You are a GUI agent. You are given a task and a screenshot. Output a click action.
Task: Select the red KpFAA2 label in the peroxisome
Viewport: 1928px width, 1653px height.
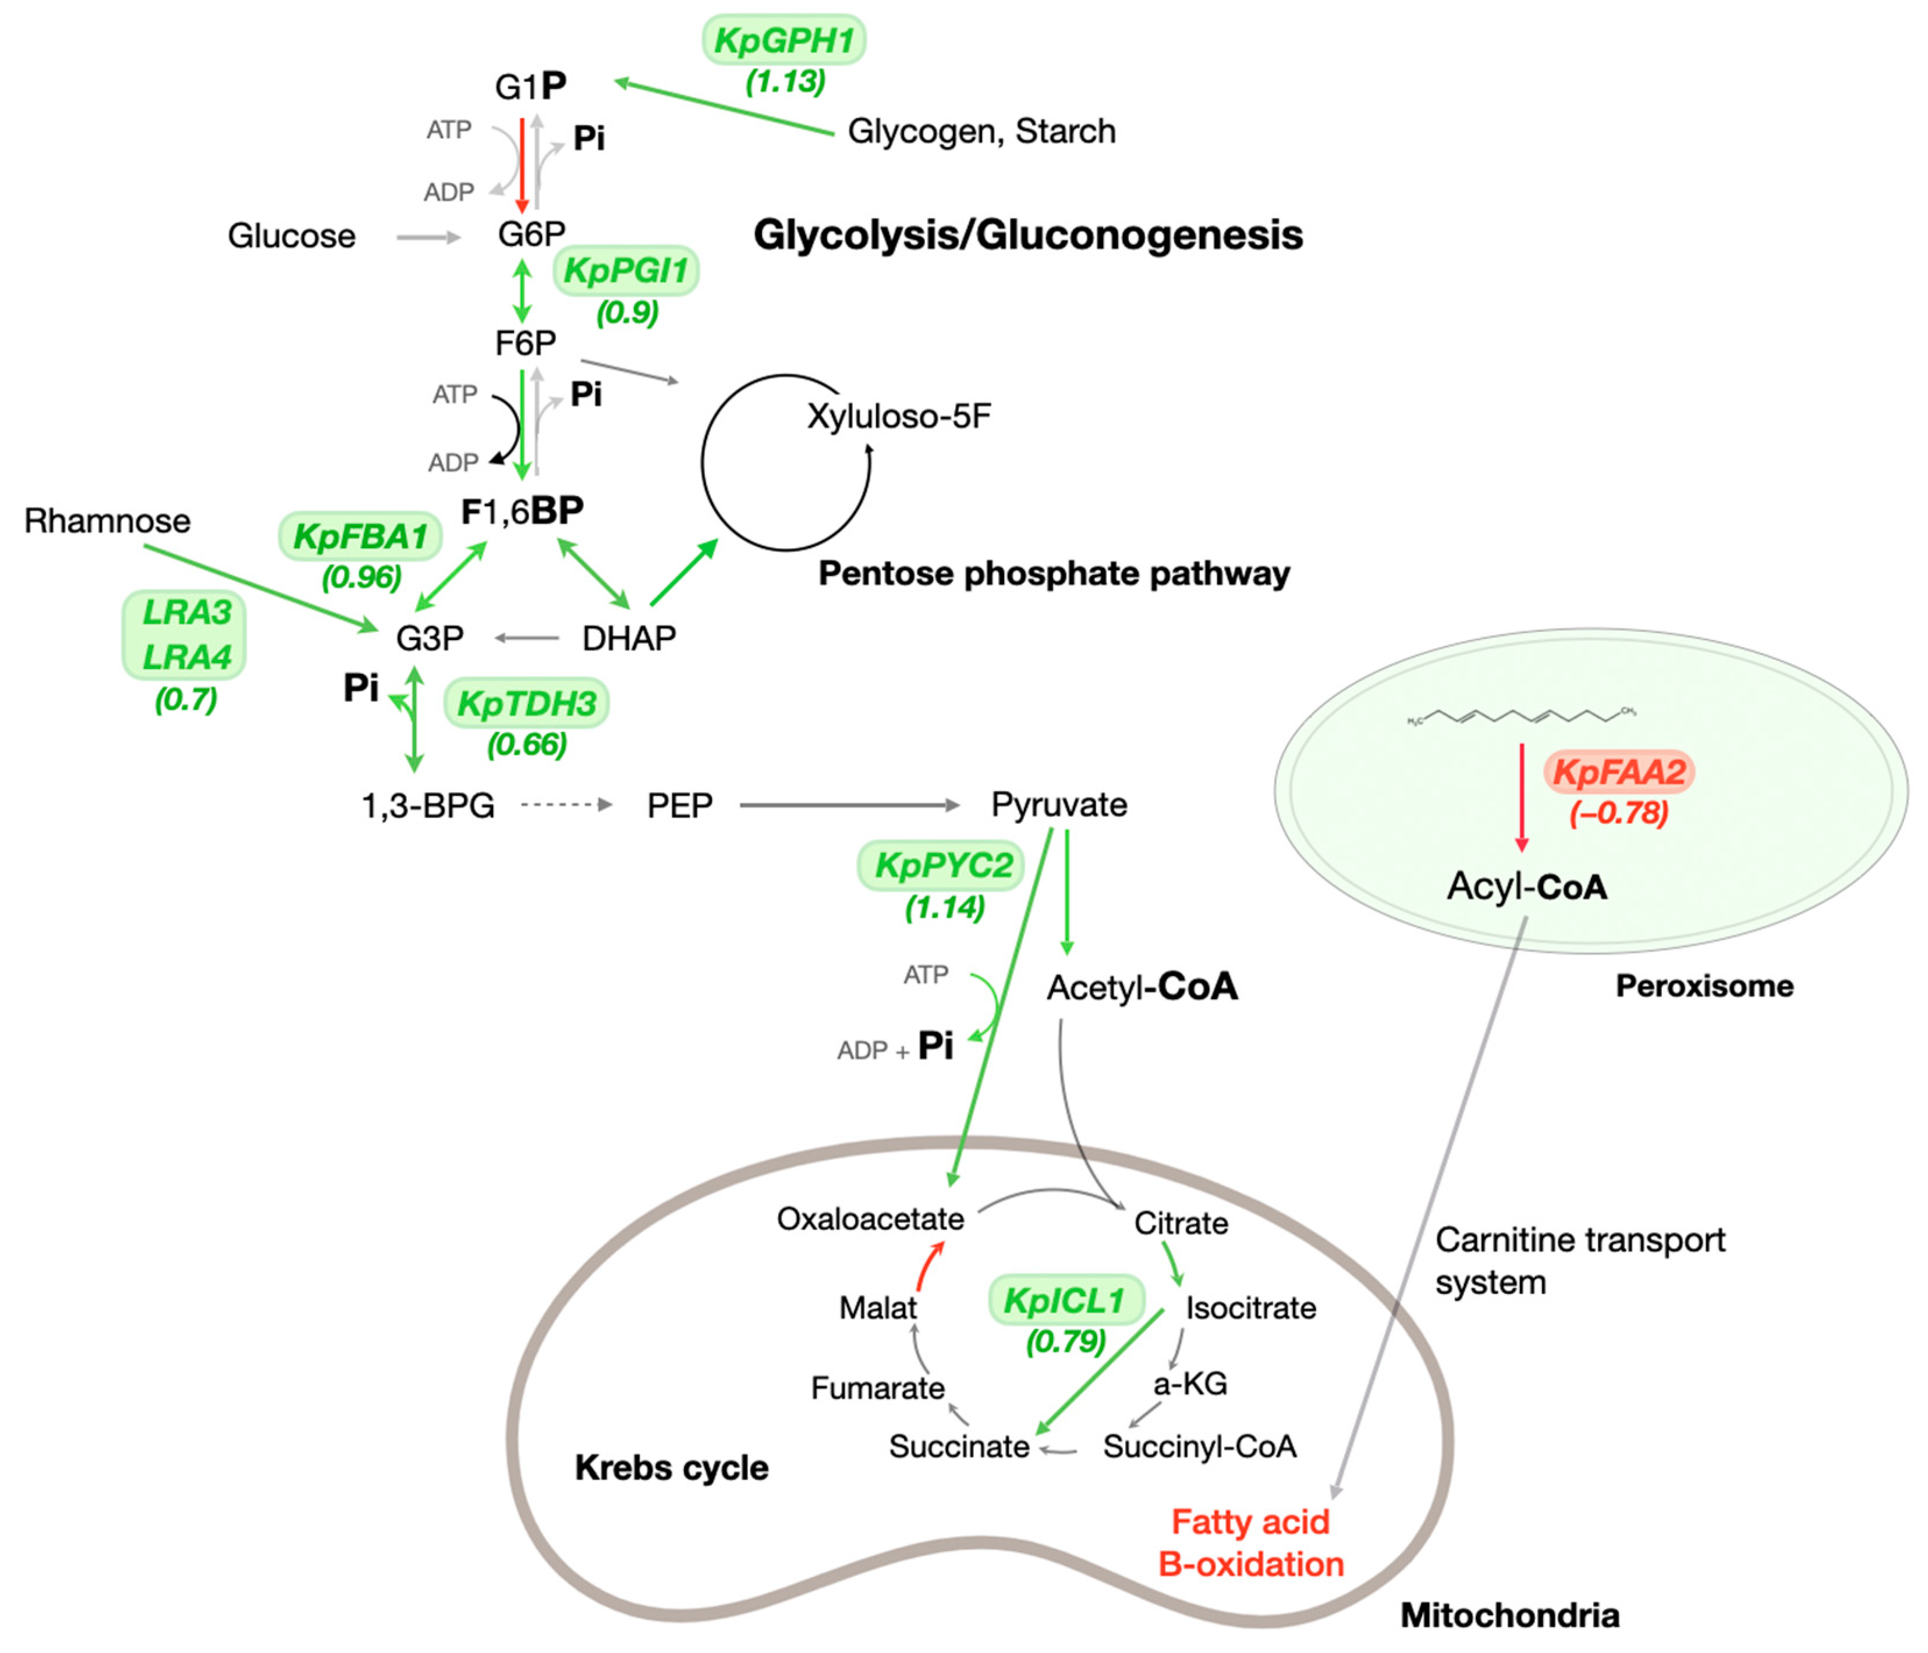click(1618, 771)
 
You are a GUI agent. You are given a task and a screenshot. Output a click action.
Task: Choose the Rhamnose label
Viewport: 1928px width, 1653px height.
click(107, 520)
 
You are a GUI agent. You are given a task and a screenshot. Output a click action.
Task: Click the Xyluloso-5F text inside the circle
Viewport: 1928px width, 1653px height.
click(898, 416)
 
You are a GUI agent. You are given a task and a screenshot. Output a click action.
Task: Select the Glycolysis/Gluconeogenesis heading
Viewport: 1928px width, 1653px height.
click(1027, 234)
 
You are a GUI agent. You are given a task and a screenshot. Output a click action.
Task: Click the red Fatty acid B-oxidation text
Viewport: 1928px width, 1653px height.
click(1250, 1542)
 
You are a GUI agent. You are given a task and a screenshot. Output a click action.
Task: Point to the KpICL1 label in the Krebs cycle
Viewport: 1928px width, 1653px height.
click(1065, 1299)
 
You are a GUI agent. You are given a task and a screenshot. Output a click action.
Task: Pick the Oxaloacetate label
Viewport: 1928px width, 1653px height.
click(870, 1218)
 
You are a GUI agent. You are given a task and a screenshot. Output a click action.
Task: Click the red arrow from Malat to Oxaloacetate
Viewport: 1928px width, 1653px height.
click(928, 1265)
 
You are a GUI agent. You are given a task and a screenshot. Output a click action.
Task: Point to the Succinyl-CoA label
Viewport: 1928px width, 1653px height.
click(1199, 1445)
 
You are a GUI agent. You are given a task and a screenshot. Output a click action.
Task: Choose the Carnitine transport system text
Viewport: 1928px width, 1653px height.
click(1579, 1260)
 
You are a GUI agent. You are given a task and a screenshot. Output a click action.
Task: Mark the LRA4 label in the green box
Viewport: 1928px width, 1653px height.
click(186, 657)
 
